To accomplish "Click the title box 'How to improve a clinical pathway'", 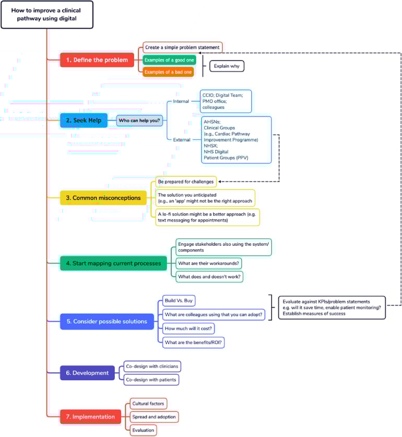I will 47,15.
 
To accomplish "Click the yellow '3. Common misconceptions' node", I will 103,198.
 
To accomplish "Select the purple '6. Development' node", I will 87,373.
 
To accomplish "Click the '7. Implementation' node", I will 90,417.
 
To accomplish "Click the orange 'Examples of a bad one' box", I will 168,72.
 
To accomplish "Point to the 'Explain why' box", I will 227,66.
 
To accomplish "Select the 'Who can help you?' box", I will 139,121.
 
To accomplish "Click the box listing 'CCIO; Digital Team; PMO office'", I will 226,101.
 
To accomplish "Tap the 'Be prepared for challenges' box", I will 186,182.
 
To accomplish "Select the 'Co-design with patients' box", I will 151,380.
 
